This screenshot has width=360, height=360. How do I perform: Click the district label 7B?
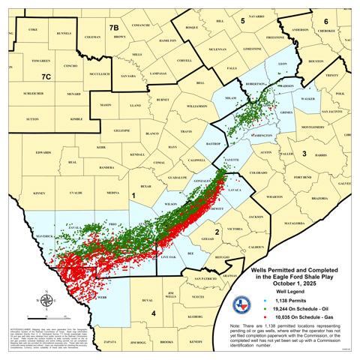pos(114,28)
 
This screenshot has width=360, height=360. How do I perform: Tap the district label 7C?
pos(46,76)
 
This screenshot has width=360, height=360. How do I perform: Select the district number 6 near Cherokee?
pos(325,21)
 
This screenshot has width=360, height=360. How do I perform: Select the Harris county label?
pos(321,155)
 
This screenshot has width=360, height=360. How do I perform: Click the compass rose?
pos(46,301)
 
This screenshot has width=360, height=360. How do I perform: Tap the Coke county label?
pos(32,29)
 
